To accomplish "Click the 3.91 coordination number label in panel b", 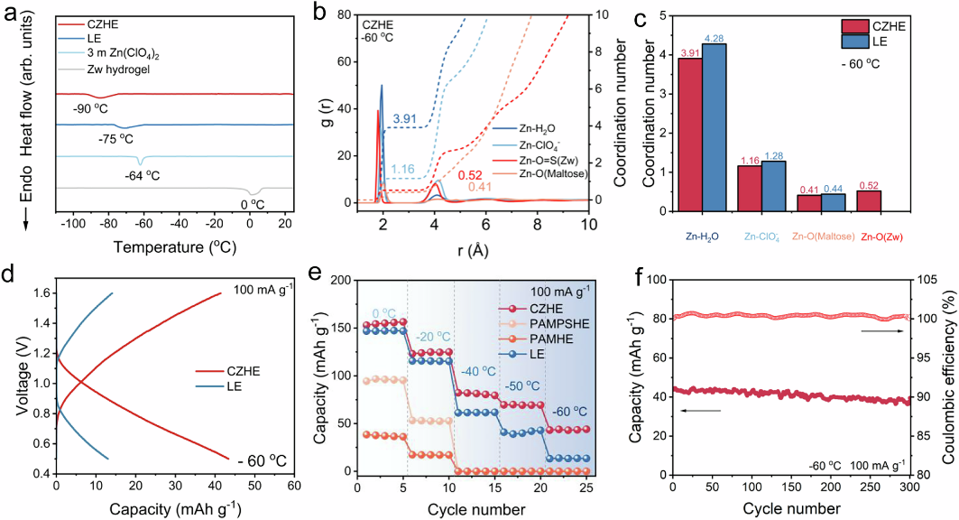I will point(404,119).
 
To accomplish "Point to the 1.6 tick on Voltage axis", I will point(41,292).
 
